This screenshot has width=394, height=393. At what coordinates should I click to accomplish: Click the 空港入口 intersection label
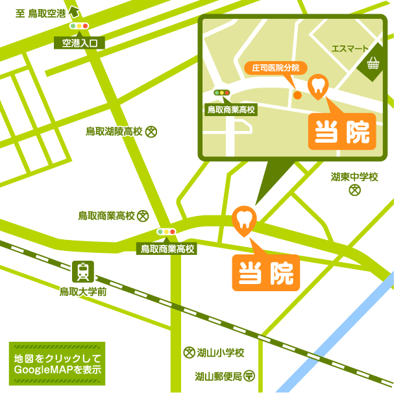click(79, 43)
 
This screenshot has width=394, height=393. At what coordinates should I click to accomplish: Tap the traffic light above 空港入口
click(79, 27)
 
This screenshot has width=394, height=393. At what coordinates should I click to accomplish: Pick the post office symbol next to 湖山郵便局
click(249, 375)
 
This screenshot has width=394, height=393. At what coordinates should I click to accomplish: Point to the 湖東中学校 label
click(354, 176)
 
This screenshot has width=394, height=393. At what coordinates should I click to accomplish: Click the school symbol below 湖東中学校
click(354, 190)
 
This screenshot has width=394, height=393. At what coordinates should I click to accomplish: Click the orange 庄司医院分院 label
click(275, 67)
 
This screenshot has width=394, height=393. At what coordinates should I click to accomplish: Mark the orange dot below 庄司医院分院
click(297, 95)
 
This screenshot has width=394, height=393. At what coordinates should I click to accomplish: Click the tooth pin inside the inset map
click(318, 87)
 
